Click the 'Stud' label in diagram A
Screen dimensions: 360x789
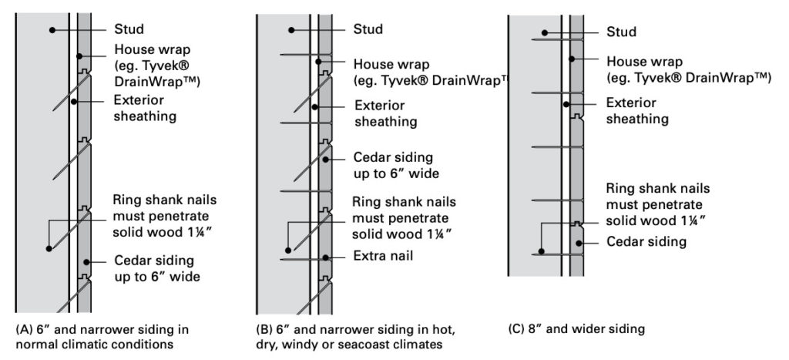tap(128, 29)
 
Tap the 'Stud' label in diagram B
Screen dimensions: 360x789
tap(368, 30)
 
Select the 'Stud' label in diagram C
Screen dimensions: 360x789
tap(621, 32)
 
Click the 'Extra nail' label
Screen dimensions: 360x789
tap(384, 255)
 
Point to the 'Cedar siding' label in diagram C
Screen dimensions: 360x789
tap(646, 242)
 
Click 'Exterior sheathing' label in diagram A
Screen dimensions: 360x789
tap(144, 108)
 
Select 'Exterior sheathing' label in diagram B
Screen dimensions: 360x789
tap(385, 113)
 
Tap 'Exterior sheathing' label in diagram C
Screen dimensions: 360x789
tap(637, 110)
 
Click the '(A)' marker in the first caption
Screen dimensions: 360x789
tap(24, 329)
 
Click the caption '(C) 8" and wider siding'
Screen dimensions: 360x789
tap(576, 329)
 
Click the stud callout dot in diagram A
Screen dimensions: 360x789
tap(51, 29)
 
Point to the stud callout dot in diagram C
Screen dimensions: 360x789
tap(544, 32)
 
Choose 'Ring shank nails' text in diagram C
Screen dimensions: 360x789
tap(657, 189)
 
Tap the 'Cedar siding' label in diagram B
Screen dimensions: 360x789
tap(394, 164)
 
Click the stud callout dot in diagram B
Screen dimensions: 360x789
tap(290, 30)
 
